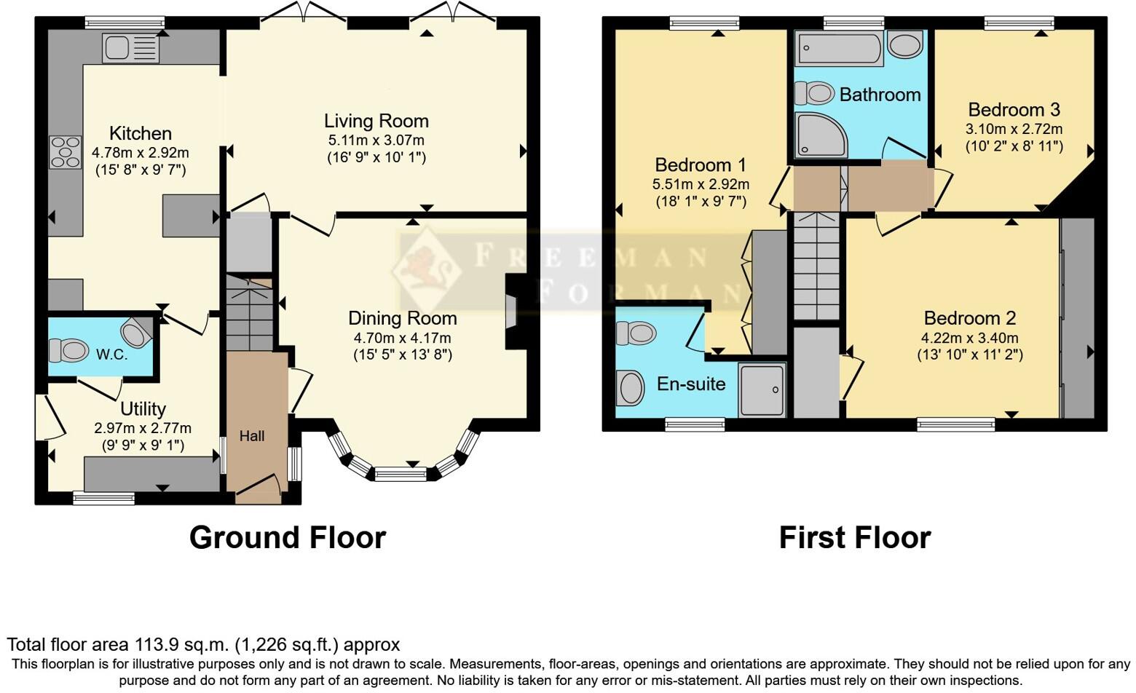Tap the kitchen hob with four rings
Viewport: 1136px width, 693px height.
[66, 152]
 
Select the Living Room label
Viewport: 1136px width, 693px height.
[376, 121]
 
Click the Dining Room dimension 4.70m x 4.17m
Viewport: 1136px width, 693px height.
[402, 338]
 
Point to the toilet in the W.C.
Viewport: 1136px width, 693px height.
[68, 350]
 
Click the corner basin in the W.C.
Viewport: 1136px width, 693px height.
[136, 333]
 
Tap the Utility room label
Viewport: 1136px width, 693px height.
[143, 408]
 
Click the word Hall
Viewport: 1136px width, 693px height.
[252, 436]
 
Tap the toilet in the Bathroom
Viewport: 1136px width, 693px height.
[814, 93]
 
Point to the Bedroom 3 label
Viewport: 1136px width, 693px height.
[1014, 110]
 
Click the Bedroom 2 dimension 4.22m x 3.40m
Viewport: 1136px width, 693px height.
[969, 338]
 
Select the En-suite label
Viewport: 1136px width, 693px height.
[691, 384]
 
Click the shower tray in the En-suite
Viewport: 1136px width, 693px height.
[762, 390]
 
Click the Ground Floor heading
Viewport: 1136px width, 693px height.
[288, 537]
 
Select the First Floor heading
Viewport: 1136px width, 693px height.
[854, 537]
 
